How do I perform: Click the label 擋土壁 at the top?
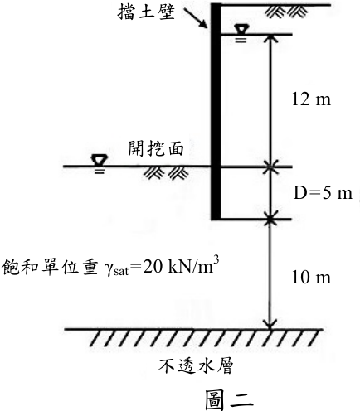click(146, 12)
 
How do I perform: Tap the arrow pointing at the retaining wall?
click(196, 18)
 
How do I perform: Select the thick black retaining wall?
click(216, 112)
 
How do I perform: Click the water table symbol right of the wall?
click(241, 33)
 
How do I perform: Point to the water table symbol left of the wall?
click(100, 164)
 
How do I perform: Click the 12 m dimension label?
click(311, 99)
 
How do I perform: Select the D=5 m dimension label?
click(323, 193)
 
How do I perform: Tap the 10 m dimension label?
click(311, 277)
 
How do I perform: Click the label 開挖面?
click(156, 149)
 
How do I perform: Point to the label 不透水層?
click(196, 366)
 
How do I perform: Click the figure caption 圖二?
click(230, 399)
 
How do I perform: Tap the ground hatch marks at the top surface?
click(286, 12)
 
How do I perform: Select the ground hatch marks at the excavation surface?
click(166, 173)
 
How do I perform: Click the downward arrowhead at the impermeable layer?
click(270, 324)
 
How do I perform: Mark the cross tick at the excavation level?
click(270, 167)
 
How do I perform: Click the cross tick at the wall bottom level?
click(270, 220)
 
